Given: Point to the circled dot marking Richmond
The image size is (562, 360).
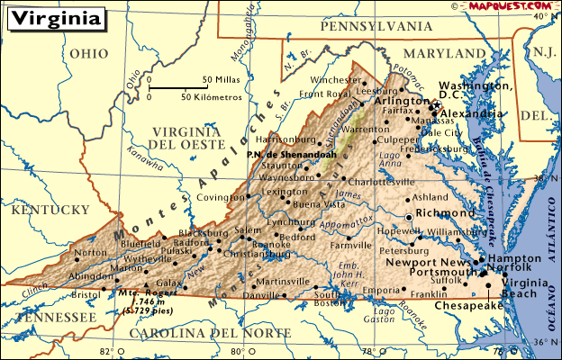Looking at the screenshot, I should tap(410, 217).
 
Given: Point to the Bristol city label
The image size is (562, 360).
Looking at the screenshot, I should tap(86, 294).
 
